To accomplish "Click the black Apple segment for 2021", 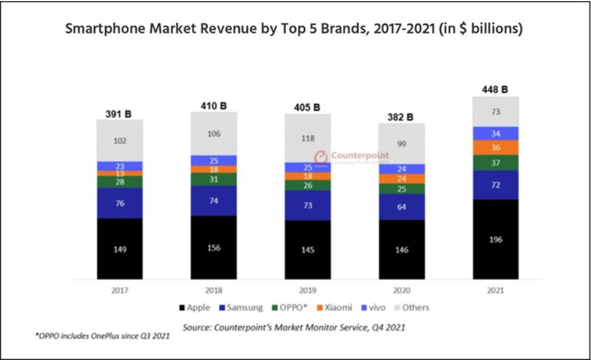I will tap(495, 239).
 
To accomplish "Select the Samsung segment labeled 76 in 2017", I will tap(120, 203).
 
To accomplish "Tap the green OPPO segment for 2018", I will tap(214, 179).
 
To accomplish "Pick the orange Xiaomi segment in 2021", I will tap(495, 148).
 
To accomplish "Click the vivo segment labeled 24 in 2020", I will tap(401, 169).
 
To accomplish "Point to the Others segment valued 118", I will tap(308, 138).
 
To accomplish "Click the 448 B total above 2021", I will tap(495, 89).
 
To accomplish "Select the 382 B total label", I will tap(401, 117).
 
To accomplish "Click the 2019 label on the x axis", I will tap(308, 290).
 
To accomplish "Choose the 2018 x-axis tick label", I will tap(214, 290).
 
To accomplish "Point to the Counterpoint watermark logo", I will tap(322, 157).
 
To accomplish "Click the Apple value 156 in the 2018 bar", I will tap(214, 248).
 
